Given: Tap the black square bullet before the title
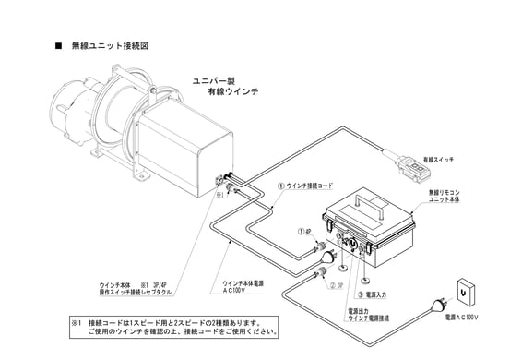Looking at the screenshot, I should [x=60, y=45].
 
